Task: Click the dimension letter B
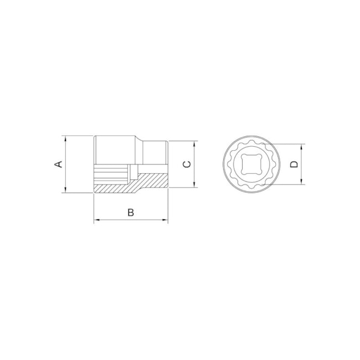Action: [x=131, y=212]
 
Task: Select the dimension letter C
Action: [x=187, y=164]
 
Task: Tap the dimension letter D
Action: [x=294, y=164]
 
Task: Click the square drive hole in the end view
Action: [x=251, y=164]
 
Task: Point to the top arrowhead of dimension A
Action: [x=65, y=138]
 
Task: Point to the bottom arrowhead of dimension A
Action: [x=65, y=190]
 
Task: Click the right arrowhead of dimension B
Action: [x=165, y=220]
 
